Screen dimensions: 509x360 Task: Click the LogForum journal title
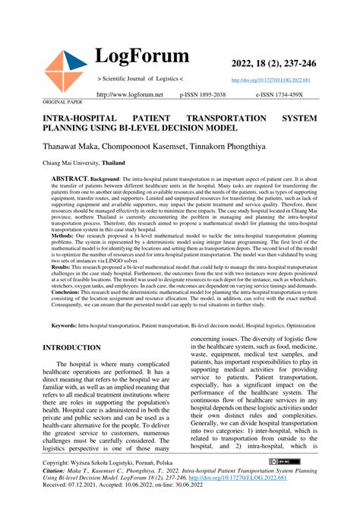point(142,56)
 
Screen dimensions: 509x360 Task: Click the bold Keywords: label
point(64,346)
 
